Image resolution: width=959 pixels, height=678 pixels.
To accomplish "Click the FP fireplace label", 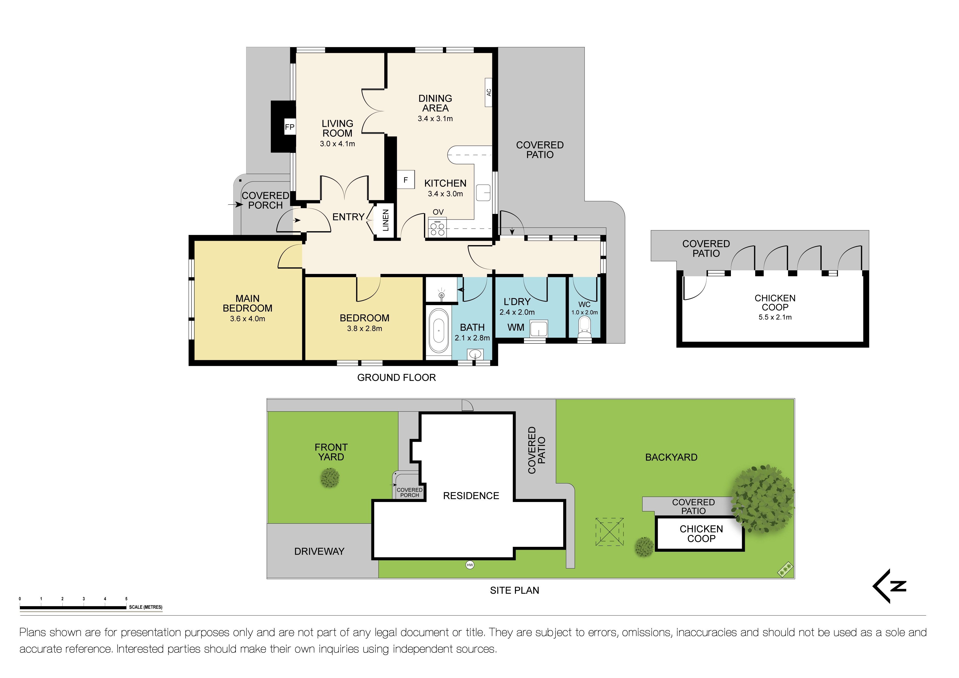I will (289, 127).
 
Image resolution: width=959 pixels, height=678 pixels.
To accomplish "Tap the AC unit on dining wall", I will (488, 92).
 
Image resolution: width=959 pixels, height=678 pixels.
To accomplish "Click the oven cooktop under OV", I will (437, 227).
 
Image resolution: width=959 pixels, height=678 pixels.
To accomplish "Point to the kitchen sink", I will (483, 192).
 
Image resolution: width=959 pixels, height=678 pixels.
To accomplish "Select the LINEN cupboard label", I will (386, 220).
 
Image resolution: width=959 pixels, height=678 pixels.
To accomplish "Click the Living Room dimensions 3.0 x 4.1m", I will (337, 144).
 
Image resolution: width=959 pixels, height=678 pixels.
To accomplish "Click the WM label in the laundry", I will (516, 328).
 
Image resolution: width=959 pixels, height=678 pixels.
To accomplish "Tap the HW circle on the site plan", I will (470, 565).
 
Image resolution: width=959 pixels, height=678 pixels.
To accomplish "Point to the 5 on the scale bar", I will (126, 599).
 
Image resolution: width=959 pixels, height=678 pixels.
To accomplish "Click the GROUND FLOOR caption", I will (396, 378).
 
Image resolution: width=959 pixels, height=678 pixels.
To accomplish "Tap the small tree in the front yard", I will (330, 478).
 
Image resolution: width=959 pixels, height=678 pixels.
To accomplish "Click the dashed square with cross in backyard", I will (610, 532).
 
